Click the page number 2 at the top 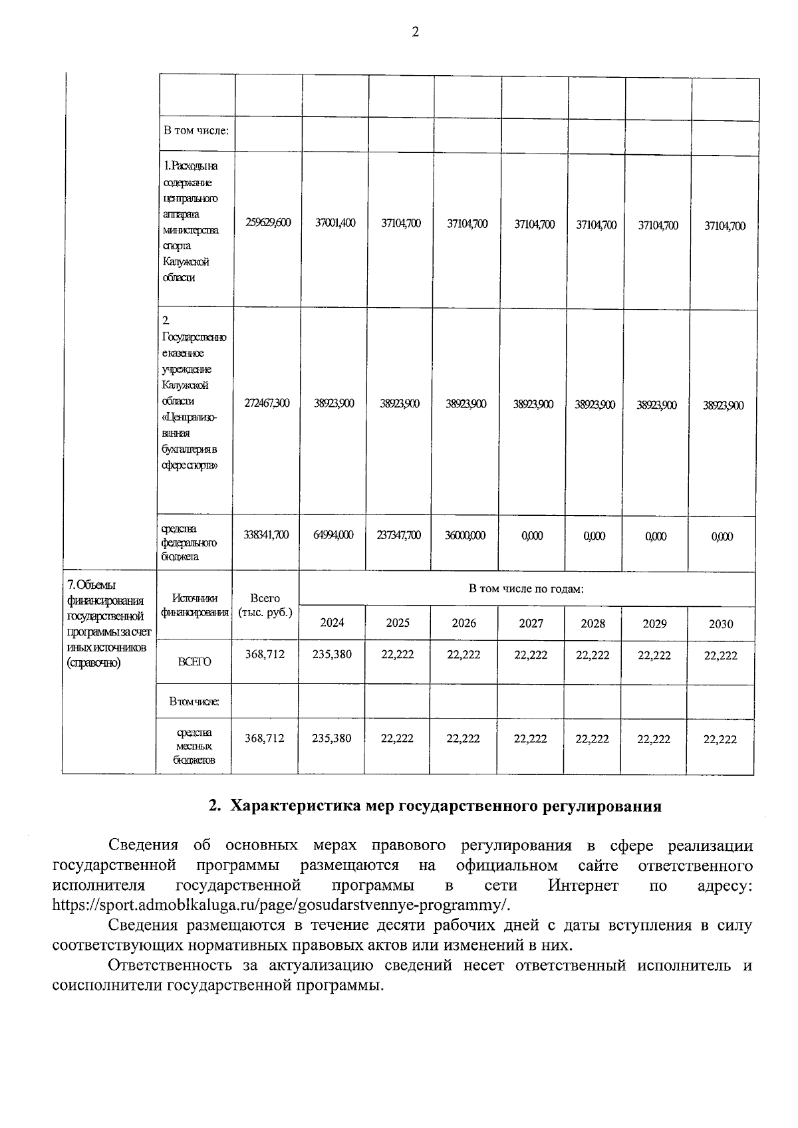pyautogui.click(x=416, y=33)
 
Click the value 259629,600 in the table pyautogui.click(x=268, y=223)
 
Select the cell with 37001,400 pyautogui.click(x=334, y=223)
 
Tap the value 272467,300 pyautogui.click(x=267, y=403)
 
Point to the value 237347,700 pyautogui.click(x=400, y=536)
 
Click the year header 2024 pyautogui.click(x=332, y=623)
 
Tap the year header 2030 pyautogui.click(x=721, y=623)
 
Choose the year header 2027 pyautogui.click(x=531, y=623)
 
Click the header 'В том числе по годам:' pyautogui.click(x=526, y=590)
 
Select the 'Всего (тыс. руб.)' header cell pyautogui.click(x=265, y=606)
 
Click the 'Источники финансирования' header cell pyautogui.click(x=194, y=606)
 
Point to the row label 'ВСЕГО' pyautogui.click(x=194, y=662)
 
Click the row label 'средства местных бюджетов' pyautogui.click(x=194, y=746)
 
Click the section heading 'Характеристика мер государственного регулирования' pyautogui.click(x=435, y=806)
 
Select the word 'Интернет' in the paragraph pyautogui.click(x=583, y=886)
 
